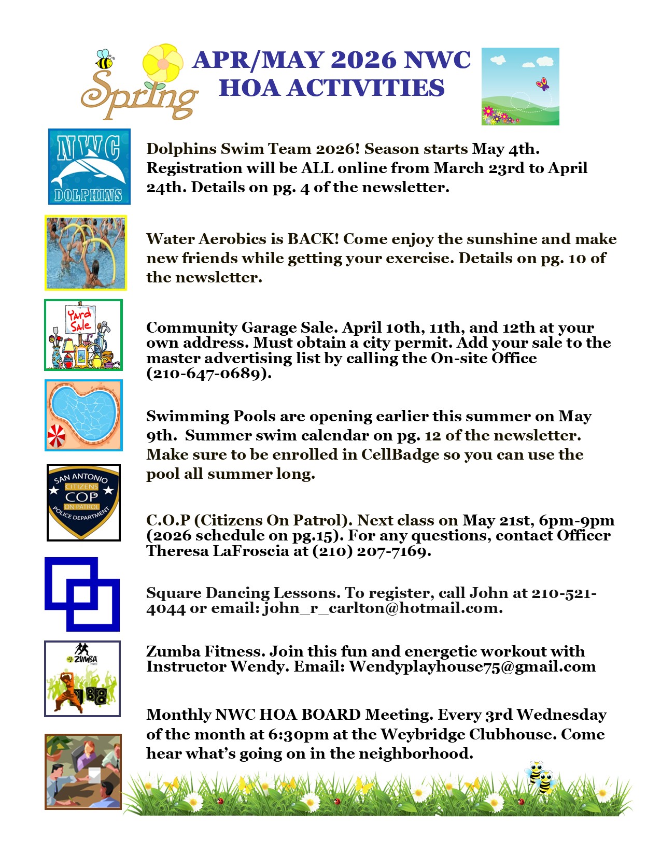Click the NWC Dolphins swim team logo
pos(89,166)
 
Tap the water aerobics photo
pos(86,253)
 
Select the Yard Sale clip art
pos(83,335)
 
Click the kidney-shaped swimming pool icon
pos(83,415)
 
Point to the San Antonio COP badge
pos(83,502)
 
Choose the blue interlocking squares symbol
pos(82,594)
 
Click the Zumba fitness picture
pos(82,678)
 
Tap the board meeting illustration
pos(83,771)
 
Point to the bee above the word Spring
pos(104,60)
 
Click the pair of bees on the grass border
pos(541,777)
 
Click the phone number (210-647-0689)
pos(208,373)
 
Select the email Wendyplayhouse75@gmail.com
pos(472,666)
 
